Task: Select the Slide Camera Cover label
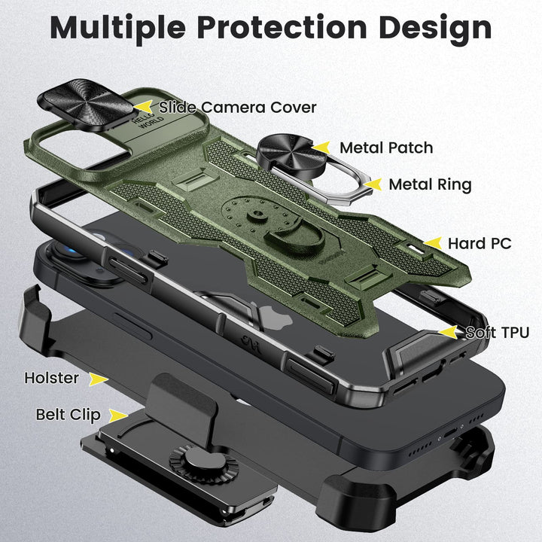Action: pos(237,107)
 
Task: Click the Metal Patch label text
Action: pos(385,148)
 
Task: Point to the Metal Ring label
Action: pos(430,184)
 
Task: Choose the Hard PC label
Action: pos(480,243)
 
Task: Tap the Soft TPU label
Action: pos(497,332)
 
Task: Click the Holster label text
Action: pos(51,378)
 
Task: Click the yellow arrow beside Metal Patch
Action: pos(321,148)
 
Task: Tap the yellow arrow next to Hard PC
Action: pos(434,243)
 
